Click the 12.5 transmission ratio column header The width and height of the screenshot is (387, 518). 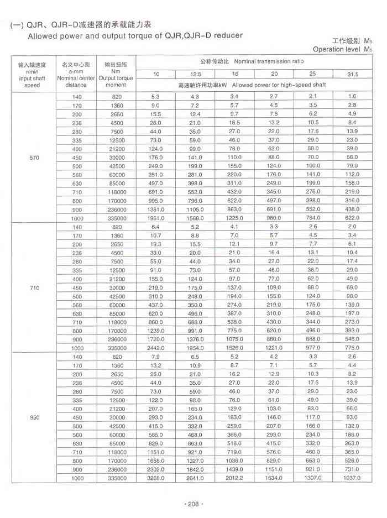196,74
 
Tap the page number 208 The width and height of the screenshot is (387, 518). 193,504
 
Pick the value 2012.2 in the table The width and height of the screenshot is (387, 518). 235,478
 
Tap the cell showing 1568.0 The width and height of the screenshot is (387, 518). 196,217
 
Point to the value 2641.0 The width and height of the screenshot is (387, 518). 196,478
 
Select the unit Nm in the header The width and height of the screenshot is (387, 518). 116,71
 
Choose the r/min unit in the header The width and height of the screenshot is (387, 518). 32,71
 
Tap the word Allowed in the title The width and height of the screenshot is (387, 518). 43,36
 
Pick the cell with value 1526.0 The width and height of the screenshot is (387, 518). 235,348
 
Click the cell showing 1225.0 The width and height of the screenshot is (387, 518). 235,217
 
